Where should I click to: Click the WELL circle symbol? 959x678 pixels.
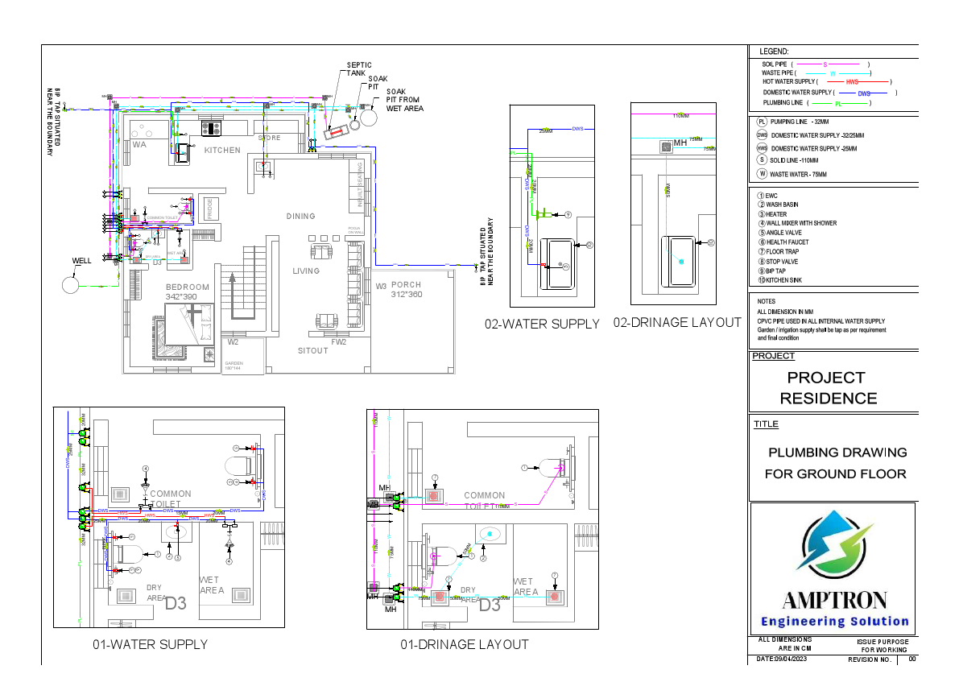tap(71, 285)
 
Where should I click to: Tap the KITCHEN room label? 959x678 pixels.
tap(222, 151)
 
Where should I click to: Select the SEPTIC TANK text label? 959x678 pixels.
tap(357, 69)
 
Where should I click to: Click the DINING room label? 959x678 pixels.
tap(301, 216)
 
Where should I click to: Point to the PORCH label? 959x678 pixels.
tap(407, 285)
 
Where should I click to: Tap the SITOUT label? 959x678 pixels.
tap(313, 351)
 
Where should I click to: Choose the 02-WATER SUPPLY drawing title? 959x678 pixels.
tap(542, 324)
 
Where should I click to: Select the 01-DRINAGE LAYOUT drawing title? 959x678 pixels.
tap(465, 644)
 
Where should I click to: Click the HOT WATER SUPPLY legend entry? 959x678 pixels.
tap(826, 82)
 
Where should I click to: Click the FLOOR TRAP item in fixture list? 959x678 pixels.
tap(782, 252)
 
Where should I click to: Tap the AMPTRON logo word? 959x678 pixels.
tap(835, 600)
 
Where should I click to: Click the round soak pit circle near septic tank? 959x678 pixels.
tap(370, 116)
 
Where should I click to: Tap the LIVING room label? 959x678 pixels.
tap(306, 271)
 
